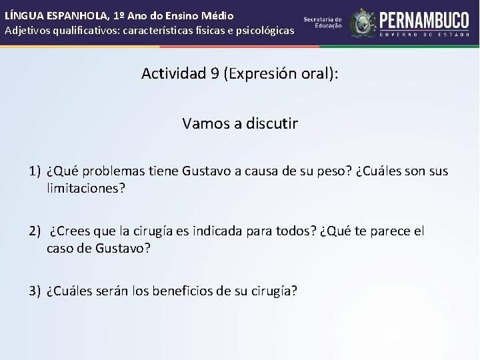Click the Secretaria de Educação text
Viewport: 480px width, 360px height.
(x=323, y=22)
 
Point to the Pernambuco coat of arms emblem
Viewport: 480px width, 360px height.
(x=363, y=23)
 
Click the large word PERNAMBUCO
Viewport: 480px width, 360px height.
(x=424, y=19)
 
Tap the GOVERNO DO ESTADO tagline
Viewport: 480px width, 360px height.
(x=424, y=34)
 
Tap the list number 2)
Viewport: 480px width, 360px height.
(x=35, y=231)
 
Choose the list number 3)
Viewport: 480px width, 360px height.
(x=35, y=291)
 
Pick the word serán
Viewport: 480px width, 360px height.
(x=112, y=291)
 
